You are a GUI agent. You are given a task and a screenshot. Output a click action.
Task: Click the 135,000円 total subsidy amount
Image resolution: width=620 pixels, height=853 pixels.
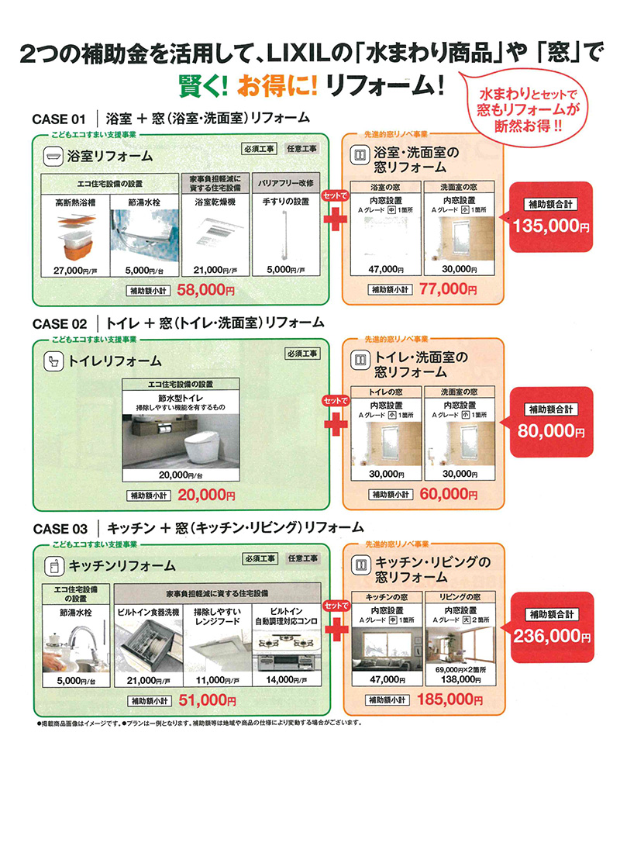tap(552, 227)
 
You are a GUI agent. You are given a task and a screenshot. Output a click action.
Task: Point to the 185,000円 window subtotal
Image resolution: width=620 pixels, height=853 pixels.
tap(443, 700)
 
